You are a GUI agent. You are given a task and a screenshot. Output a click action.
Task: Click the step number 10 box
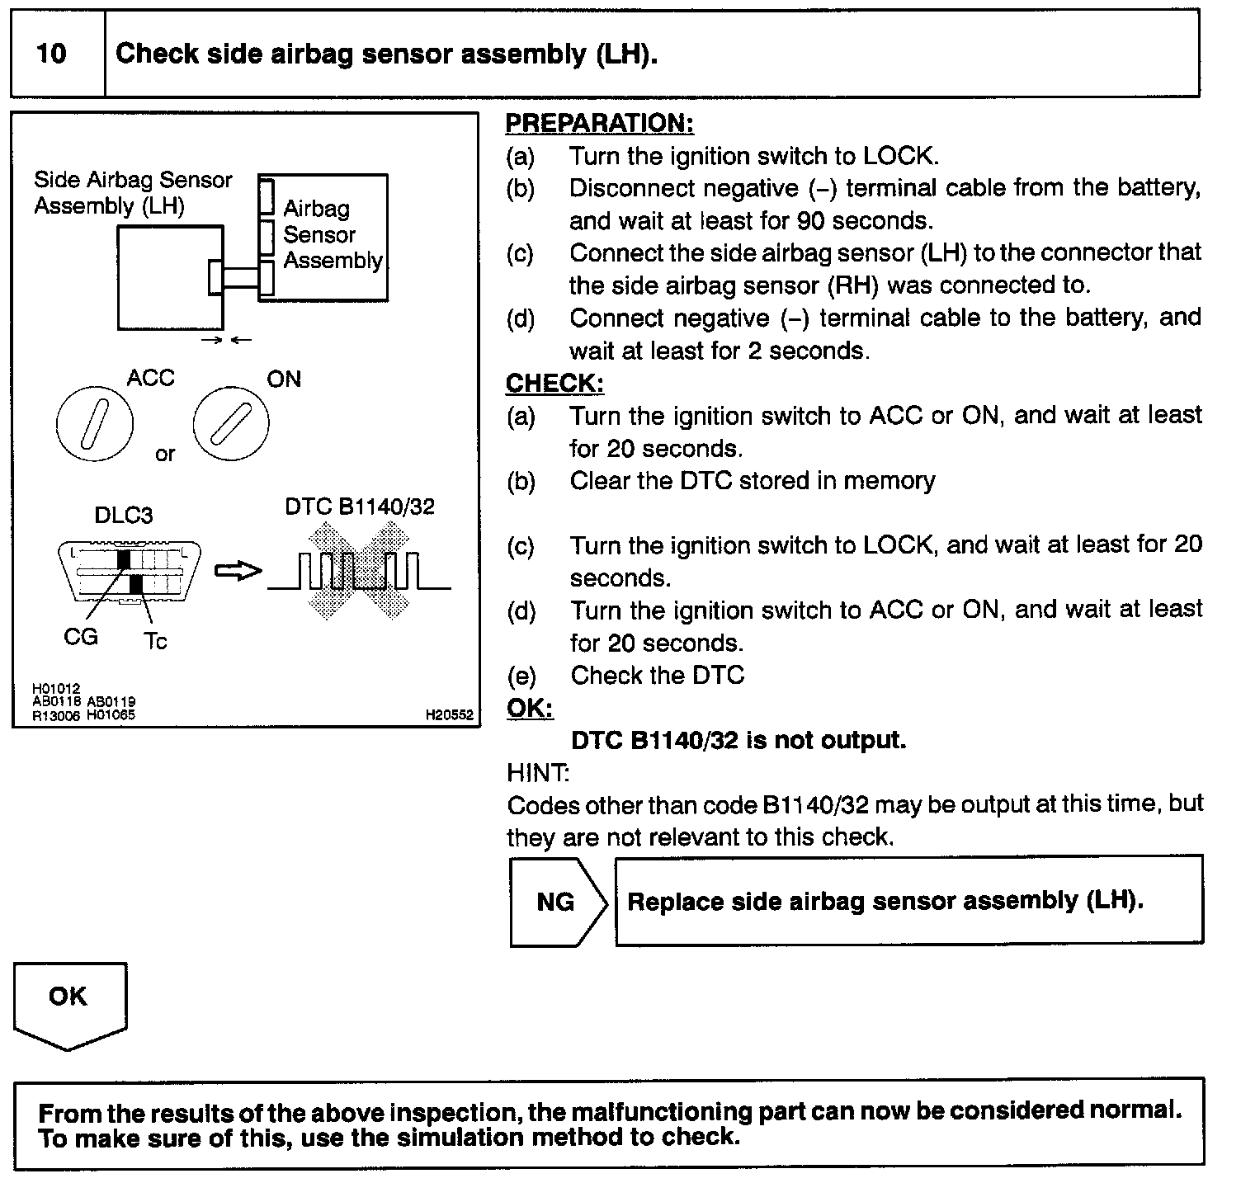[51, 54]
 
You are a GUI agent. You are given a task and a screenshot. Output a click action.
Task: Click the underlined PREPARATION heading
[599, 124]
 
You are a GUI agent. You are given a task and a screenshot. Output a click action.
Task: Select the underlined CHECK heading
[554, 384]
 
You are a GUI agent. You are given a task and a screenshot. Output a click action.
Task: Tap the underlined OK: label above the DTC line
[529, 709]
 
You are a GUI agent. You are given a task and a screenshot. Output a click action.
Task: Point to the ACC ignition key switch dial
[94, 424]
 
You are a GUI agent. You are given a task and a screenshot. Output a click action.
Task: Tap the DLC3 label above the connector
[124, 516]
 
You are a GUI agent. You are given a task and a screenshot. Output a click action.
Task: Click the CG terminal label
[81, 636]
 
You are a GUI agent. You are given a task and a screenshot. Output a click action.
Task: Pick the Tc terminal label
[155, 641]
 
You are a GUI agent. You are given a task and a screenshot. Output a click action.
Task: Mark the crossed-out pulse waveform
[359, 571]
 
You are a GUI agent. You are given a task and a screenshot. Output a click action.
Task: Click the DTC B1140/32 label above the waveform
[359, 507]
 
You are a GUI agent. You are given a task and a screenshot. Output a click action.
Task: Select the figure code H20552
[450, 715]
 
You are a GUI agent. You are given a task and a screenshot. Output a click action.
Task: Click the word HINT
[537, 773]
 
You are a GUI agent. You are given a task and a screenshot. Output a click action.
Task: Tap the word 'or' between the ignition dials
[165, 455]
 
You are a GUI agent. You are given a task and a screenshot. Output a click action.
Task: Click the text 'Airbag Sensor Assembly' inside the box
[332, 234]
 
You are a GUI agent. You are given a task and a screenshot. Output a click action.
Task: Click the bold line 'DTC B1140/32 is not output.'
[738, 740]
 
